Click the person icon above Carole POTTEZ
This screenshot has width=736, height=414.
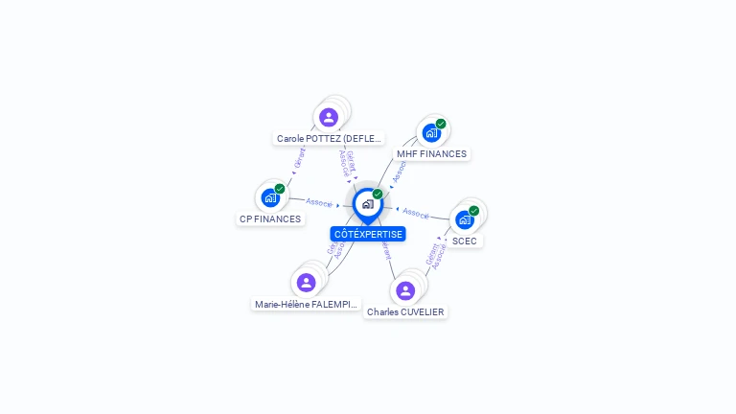[x=329, y=117]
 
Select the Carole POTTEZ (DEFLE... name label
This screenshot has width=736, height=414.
[x=329, y=138]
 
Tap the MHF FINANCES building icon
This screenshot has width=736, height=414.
[x=431, y=132]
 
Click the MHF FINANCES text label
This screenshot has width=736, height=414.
[x=431, y=153]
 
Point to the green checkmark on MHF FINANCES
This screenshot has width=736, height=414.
[x=441, y=124]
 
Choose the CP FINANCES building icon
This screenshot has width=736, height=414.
[x=270, y=197]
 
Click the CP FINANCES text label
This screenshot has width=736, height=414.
[x=269, y=218]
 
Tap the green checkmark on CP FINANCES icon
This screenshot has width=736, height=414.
[x=280, y=189]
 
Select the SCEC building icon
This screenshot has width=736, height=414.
[x=465, y=219]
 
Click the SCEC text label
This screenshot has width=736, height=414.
[x=465, y=241]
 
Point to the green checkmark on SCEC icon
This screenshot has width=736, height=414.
[x=474, y=211]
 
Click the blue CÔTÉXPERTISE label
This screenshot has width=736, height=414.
[x=368, y=234]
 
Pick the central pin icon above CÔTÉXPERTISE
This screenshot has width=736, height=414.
[x=367, y=204]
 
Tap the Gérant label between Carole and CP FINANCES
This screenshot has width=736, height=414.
[x=300, y=157]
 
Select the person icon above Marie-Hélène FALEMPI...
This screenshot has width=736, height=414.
[x=306, y=282]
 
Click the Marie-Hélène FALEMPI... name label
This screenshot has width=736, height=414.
[x=307, y=304]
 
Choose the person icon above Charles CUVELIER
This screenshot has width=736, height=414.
[x=405, y=290]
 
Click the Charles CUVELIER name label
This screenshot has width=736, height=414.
[x=405, y=311]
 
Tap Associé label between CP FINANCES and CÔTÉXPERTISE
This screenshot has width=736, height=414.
[x=319, y=202]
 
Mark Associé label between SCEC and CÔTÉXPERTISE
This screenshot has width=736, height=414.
[x=416, y=213]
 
